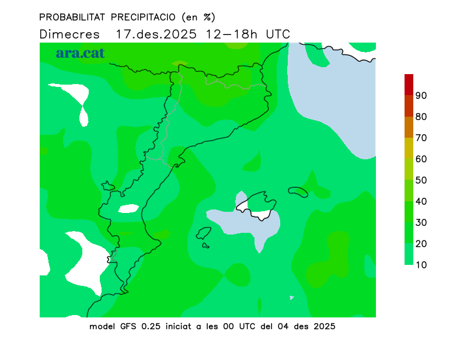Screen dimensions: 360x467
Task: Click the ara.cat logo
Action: click(x=80, y=53)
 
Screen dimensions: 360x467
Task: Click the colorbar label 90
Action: click(x=421, y=96)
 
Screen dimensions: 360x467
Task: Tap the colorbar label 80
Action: click(x=421, y=117)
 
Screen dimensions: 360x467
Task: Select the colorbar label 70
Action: click(x=421, y=138)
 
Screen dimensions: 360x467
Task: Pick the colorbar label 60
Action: click(x=421, y=159)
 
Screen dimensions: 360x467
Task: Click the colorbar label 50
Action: click(x=421, y=180)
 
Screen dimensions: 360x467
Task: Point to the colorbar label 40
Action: click(x=421, y=201)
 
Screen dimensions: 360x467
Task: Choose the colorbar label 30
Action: click(x=421, y=222)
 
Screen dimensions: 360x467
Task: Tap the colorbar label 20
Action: click(x=421, y=244)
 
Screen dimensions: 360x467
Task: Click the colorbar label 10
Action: click(x=421, y=265)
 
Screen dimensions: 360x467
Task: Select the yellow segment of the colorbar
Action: click(x=409, y=148)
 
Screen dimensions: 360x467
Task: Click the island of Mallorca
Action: click(x=257, y=205)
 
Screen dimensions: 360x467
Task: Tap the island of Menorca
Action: click(x=298, y=191)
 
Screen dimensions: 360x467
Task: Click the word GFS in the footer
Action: click(x=127, y=326)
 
